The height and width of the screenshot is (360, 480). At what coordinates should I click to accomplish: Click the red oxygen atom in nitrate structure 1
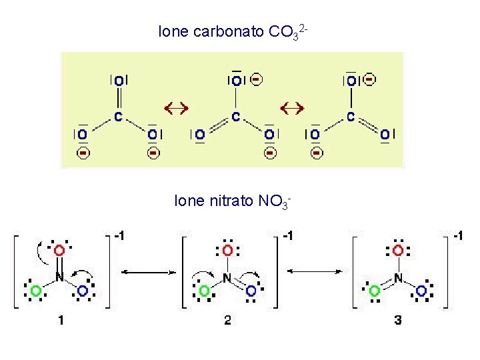[59, 250]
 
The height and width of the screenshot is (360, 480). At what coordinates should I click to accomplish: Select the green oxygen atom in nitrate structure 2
[204, 291]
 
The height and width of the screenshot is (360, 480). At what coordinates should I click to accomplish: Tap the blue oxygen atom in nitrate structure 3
[421, 291]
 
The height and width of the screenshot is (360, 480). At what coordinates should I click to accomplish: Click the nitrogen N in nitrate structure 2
[227, 277]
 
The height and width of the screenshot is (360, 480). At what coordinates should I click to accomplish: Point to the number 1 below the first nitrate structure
[61, 321]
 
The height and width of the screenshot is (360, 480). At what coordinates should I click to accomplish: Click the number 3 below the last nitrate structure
[398, 321]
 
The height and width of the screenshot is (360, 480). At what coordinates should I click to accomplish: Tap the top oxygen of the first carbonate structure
[118, 81]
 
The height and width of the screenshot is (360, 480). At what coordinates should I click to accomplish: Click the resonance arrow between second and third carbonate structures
[291, 107]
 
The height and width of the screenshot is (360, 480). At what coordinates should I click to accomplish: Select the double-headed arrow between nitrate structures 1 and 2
[144, 272]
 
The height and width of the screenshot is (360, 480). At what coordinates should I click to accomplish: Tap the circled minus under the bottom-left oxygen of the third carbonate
[317, 153]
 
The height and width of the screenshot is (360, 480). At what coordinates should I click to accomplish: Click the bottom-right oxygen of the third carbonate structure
[385, 135]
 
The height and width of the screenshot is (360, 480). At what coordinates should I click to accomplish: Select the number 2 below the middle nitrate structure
[228, 321]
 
